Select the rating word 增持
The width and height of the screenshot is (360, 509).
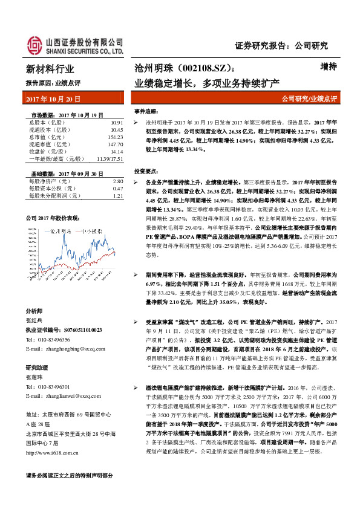(x=327, y=68)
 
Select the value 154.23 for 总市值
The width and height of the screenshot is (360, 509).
(x=115, y=137)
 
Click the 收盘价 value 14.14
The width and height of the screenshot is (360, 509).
(x=117, y=152)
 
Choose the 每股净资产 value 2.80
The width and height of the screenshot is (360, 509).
(x=118, y=181)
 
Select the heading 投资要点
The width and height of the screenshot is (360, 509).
(x=148, y=172)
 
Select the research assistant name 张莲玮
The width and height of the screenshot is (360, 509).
(x=35, y=376)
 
